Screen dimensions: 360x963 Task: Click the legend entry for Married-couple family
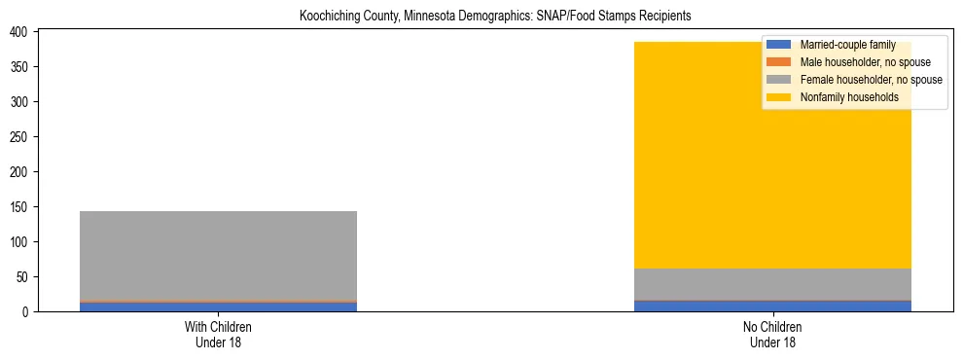point(847,45)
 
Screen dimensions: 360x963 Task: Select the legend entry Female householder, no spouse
point(871,80)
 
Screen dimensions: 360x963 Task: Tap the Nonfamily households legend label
point(849,97)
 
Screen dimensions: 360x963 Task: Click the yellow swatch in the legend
point(779,97)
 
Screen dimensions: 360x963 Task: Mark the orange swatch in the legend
point(779,62)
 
